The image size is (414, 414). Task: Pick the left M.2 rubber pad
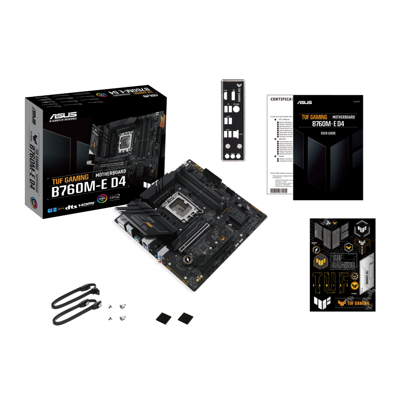click(165, 318)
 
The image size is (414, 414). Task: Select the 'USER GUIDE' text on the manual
click(328, 133)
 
